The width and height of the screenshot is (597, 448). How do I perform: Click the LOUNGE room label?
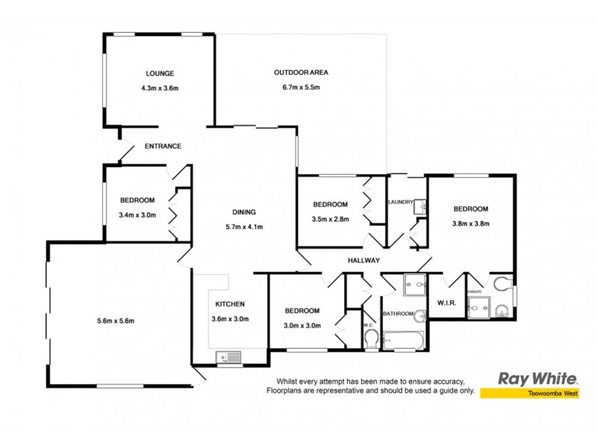click(x=160, y=73)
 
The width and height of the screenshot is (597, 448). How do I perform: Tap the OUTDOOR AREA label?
click(x=301, y=72)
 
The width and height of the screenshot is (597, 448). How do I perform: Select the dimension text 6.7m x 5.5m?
click(x=301, y=87)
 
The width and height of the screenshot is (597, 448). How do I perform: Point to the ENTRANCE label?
click(x=163, y=146)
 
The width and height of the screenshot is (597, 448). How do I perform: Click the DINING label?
click(x=244, y=211)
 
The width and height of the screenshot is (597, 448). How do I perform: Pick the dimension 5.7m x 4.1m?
click(x=244, y=227)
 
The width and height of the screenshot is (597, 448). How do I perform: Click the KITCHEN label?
click(x=230, y=304)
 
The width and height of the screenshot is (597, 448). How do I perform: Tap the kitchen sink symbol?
click(x=229, y=358)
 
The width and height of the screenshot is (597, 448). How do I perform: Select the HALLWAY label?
click(x=364, y=261)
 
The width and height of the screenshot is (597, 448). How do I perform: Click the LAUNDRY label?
click(x=401, y=202)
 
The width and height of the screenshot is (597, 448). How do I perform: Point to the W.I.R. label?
click(x=446, y=302)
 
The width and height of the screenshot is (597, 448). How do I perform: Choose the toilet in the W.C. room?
click(x=371, y=340)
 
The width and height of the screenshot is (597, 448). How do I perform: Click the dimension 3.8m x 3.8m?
click(x=470, y=223)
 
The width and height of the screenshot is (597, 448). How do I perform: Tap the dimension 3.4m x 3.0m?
click(x=137, y=215)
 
